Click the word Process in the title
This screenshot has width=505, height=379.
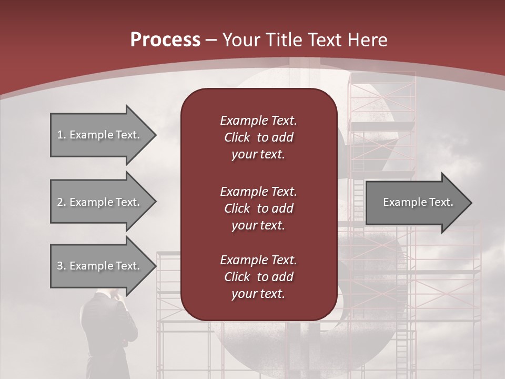165,40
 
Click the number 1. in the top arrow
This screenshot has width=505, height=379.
62,135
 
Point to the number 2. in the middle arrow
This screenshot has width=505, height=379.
62,202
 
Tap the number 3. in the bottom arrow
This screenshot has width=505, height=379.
62,266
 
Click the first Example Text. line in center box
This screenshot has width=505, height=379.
258,121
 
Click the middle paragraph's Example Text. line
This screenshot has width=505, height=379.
258,191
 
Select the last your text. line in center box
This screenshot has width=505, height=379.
258,294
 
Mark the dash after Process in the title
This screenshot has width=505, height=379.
211,41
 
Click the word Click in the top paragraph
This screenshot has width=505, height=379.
237,138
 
